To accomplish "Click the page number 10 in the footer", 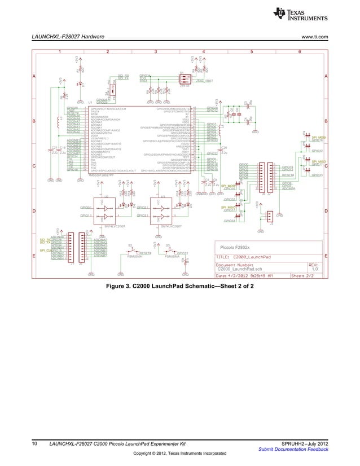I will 35,445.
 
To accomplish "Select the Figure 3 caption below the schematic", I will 179,286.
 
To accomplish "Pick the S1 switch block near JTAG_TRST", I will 184,80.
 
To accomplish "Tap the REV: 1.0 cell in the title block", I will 315,267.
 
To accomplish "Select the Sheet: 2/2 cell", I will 305,276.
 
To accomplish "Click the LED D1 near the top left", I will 79,83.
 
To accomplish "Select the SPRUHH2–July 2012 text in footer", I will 305,445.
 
